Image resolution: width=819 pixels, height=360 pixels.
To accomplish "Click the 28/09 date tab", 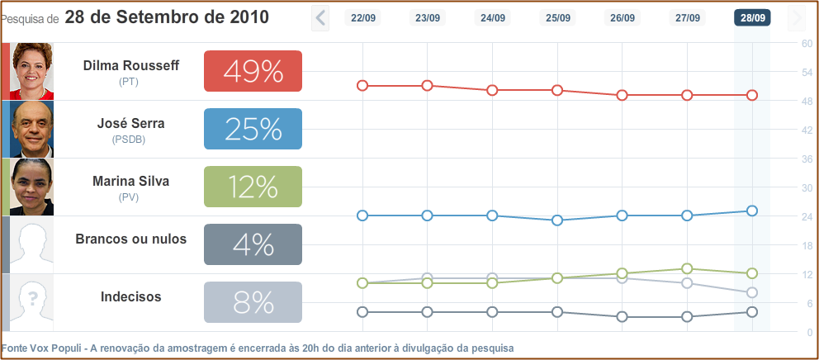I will pos(751,17).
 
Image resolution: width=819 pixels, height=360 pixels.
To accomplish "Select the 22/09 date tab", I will pos(362,17).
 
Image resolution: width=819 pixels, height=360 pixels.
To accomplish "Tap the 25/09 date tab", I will pos(557,17).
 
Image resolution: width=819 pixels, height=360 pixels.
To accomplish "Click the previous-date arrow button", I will pos(320,17).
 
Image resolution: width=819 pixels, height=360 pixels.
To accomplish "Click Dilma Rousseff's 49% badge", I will pos(253,71).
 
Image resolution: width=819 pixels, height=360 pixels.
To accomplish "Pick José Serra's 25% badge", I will pos(253,129).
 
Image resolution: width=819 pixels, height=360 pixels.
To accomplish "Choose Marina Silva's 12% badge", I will pos(253,187).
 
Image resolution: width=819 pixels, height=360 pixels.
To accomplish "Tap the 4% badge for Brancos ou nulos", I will pos(253,244).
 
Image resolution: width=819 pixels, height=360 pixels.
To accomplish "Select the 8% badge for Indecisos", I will pos(253,302).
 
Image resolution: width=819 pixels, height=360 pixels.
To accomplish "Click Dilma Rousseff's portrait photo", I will pos(31,71).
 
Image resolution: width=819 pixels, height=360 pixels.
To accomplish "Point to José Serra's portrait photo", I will pos(31,129).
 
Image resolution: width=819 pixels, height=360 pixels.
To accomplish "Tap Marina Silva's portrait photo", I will pos(31,187).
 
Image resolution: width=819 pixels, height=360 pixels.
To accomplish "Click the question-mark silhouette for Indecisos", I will pos(31,302).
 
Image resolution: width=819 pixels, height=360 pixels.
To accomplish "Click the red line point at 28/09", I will pos(752,95).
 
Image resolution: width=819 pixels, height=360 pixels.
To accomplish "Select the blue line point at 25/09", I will pos(557,220).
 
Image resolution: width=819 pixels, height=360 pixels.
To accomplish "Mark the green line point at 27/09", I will pos(687,268).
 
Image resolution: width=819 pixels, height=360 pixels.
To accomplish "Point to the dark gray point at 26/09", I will pos(623,317).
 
